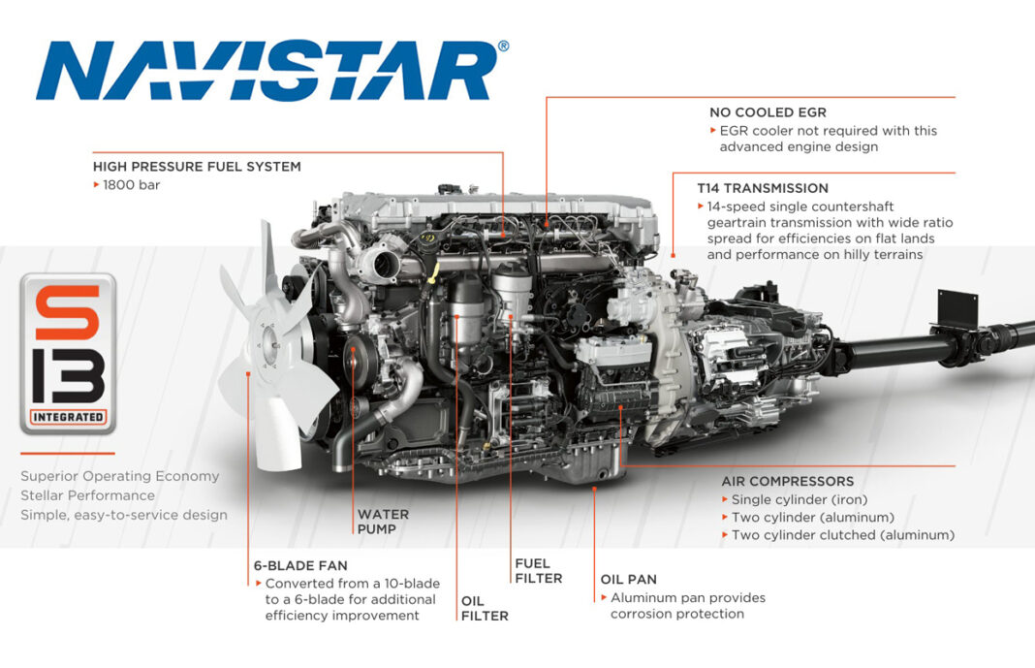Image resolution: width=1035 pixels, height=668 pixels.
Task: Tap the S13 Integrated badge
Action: [x=67, y=353]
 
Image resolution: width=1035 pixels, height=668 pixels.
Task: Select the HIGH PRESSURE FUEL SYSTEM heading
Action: [x=197, y=167]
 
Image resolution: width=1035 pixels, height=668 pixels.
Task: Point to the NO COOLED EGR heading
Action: [x=768, y=112]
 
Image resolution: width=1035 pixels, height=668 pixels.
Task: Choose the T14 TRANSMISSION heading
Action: [x=763, y=188]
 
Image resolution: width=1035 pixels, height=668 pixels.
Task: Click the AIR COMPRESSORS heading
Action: [x=787, y=481]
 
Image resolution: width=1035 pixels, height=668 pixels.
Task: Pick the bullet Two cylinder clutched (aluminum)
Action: [x=842, y=534]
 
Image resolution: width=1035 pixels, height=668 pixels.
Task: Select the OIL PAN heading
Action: [x=628, y=579]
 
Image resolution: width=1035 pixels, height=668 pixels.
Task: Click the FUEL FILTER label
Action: [x=539, y=570]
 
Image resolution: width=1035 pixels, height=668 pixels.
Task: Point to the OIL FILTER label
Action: [x=485, y=608]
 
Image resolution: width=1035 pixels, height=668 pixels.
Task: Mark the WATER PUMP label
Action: [x=383, y=522]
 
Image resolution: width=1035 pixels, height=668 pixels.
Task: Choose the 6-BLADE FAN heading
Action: [x=299, y=565]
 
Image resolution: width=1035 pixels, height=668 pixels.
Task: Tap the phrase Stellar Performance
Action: [x=86, y=495]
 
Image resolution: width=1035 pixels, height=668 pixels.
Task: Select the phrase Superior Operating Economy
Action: [x=120, y=476]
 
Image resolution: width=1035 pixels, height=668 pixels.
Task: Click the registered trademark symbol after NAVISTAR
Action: [x=502, y=46]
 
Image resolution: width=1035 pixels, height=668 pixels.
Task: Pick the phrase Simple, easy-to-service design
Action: [x=124, y=515]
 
